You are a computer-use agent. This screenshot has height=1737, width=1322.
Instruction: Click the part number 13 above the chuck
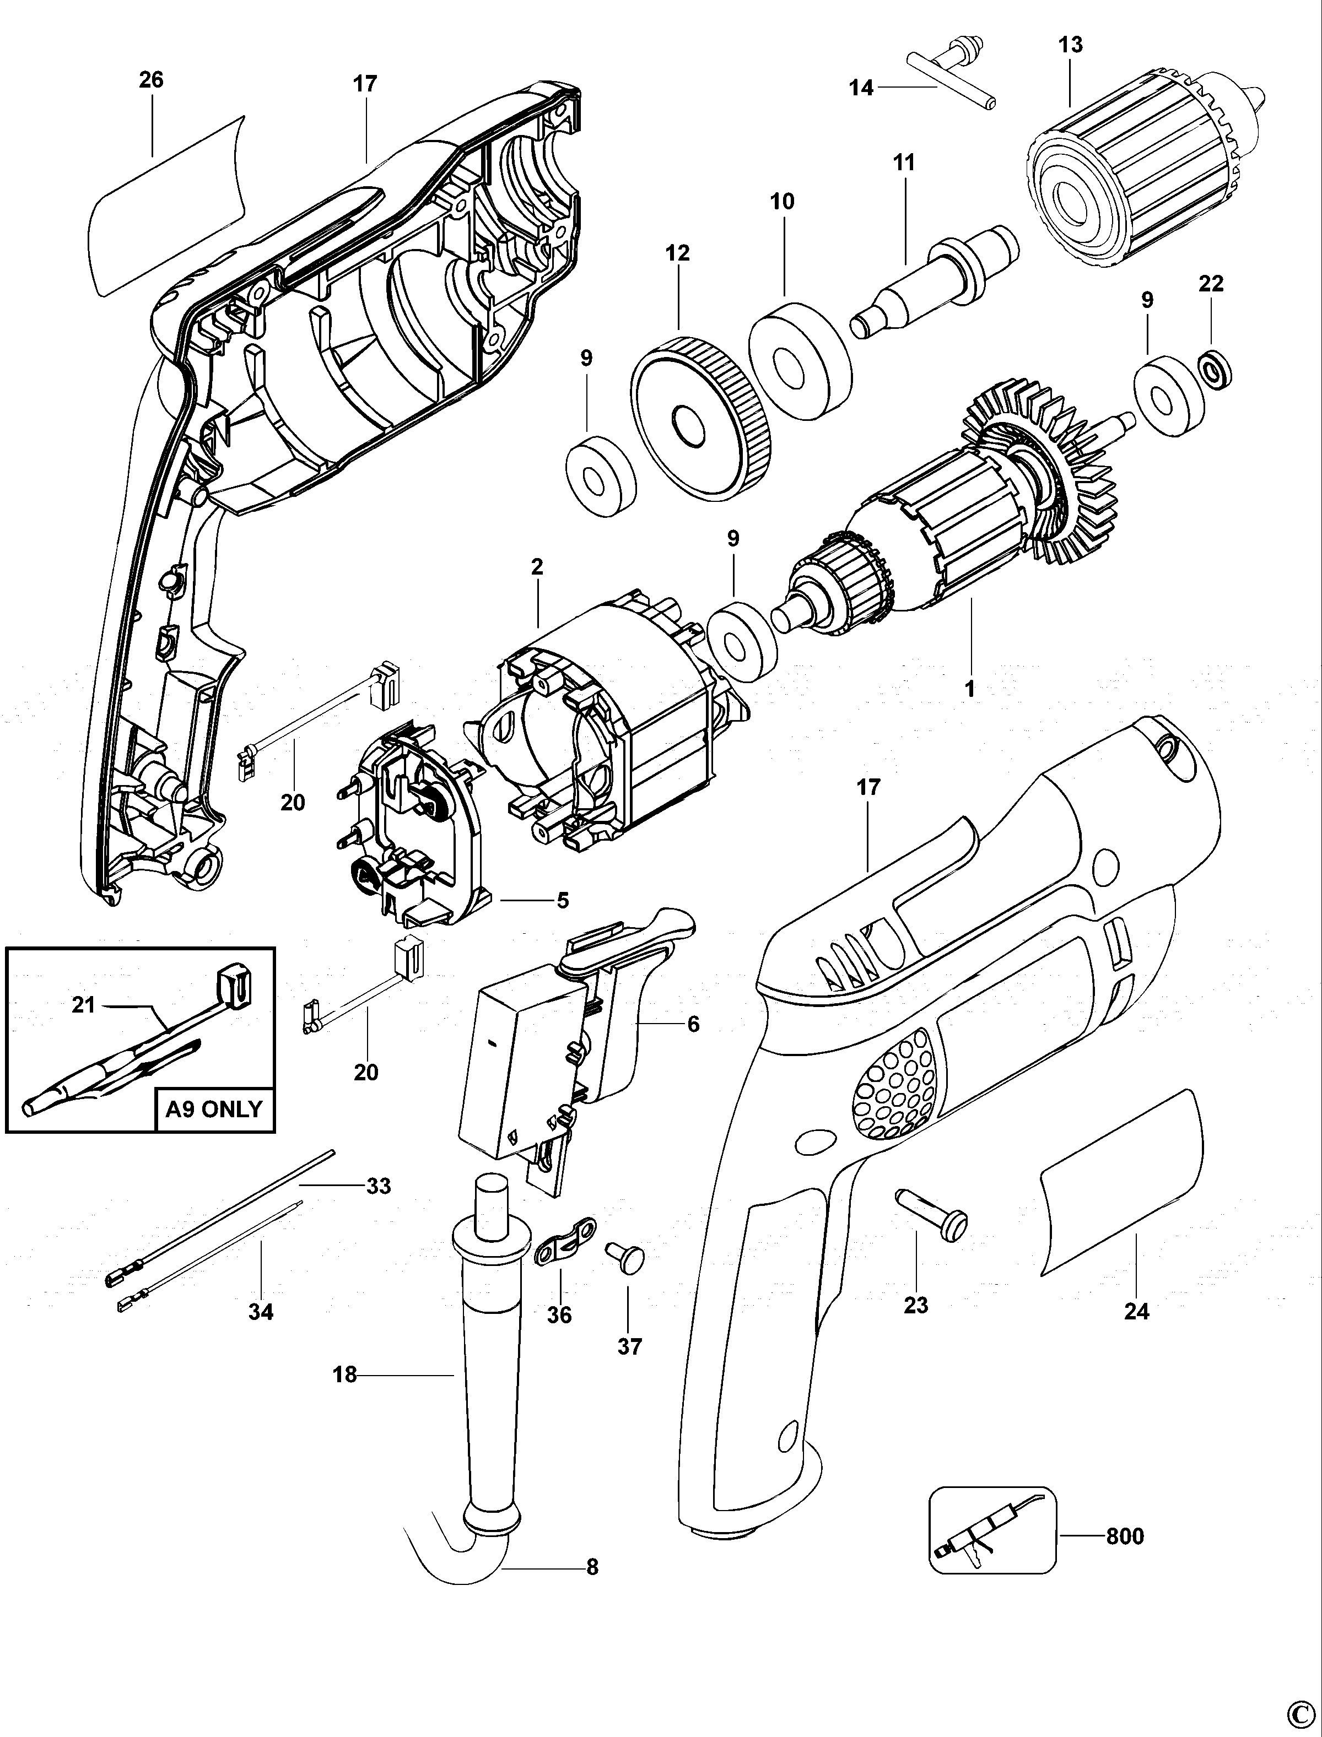[x=1070, y=45]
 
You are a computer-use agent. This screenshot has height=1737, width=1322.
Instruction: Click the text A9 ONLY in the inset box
[x=214, y=1109]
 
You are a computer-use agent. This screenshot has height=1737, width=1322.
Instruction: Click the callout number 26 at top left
[x=151, y=79]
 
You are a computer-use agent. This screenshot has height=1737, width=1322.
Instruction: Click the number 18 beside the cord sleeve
[x=344, y=1375]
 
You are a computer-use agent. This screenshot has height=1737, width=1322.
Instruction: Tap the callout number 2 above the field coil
[x=537, y=566]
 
